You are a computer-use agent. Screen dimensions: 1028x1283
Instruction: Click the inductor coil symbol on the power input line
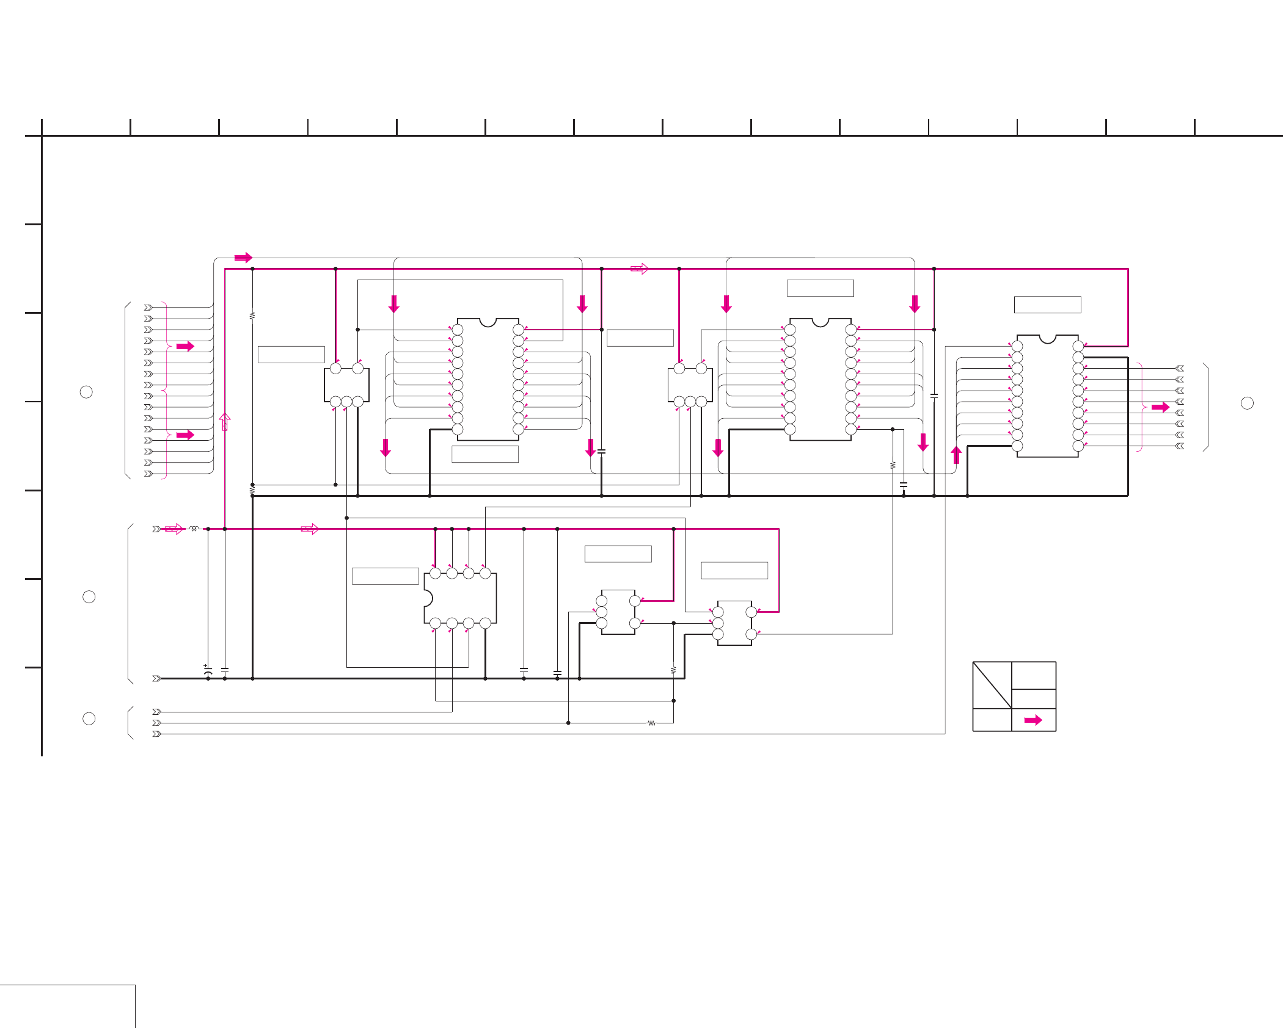[x=194, y=529]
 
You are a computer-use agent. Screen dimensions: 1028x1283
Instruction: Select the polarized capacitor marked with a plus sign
[x=208, y=670]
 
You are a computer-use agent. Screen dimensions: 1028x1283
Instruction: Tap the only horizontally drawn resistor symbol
[x=651, y=723]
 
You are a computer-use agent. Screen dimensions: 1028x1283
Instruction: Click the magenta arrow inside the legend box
[x=1033, y=720]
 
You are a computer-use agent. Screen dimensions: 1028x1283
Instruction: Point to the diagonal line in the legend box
[x=992, y=686]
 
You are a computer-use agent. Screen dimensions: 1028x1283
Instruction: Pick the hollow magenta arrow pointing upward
[x=225, y=422]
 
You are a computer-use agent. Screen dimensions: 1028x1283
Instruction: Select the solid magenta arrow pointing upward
[x=956, y=455]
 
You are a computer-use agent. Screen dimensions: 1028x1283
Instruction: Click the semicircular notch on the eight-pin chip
[x=427, y=598]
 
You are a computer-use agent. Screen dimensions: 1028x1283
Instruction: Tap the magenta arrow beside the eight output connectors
[x=1160, y=407]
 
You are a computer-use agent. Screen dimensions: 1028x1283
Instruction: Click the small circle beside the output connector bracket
[x=1247, y=403]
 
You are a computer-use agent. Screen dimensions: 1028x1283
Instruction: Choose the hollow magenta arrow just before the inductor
[x=174, y=529]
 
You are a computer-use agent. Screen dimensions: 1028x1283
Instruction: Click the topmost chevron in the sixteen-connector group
[x=148, y=308]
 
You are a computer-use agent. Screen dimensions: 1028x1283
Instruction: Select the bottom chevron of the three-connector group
[x=156, y=734]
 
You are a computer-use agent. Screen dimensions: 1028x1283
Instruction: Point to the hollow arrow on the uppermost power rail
[x=639, y=269]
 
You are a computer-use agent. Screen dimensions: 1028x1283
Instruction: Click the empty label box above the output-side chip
[x=1047, y=305]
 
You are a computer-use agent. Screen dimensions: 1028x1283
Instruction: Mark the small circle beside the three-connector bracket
[x=89, y=719]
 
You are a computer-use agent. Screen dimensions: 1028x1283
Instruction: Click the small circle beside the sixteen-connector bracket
[x=86, y=392]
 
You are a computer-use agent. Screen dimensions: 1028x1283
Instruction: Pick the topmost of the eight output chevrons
[x=1180, y=368]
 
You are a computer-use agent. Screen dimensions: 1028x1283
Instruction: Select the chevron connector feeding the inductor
[x=156, y=529]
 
